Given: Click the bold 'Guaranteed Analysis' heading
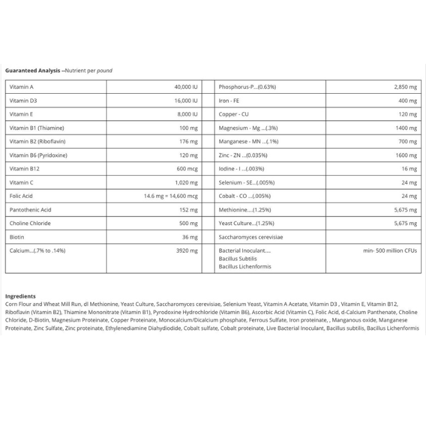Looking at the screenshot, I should tap(32, 71).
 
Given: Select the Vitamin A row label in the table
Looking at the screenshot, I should tap(22, 87).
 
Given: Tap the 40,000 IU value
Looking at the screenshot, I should tap(186, 87).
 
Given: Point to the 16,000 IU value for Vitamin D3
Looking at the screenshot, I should tap(186, 100).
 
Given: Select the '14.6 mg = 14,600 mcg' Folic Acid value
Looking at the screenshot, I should tap(171, 196).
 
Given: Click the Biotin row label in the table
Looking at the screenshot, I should tap(17, 237).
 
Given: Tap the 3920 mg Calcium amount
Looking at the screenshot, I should tap(187, 250).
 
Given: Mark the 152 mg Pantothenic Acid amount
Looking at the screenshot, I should tap(189, 209).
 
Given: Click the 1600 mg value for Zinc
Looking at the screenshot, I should tap(407, 155).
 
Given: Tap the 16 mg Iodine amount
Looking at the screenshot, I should tap(410, 169).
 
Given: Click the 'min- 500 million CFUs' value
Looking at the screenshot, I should tap(390, 250).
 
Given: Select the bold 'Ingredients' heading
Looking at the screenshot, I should tap(20, 296).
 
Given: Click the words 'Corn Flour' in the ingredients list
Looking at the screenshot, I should tap(19, 304).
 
